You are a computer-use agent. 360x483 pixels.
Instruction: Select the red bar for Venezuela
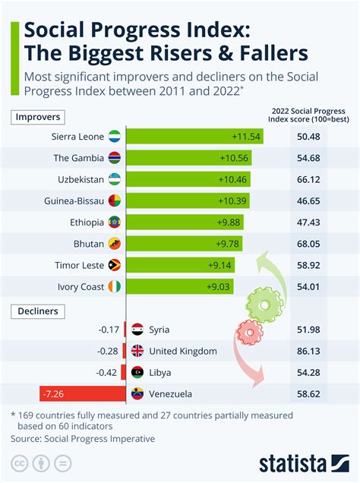pyautogui.click(x=81, y=394)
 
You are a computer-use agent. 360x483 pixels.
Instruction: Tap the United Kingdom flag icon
pyautogui.click(x=137, y=351)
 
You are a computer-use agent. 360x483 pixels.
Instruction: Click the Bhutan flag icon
pyautogui.click(x=115, y=244)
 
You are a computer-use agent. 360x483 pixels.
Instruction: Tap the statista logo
pyautogui.click(x=303, y=462)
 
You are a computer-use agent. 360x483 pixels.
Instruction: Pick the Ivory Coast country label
pyautogui.click(x=81, y=286)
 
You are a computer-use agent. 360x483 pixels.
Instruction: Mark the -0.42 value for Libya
pyautogui.click(x=108, y=372)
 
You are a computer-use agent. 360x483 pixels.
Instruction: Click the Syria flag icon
pyautogui.click(x=137, y=330)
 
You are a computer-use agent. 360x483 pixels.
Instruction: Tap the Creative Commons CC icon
pyautogui.click(x=20, y=462)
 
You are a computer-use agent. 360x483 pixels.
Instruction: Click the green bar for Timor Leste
pyautogui.click(x=181, y=265)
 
